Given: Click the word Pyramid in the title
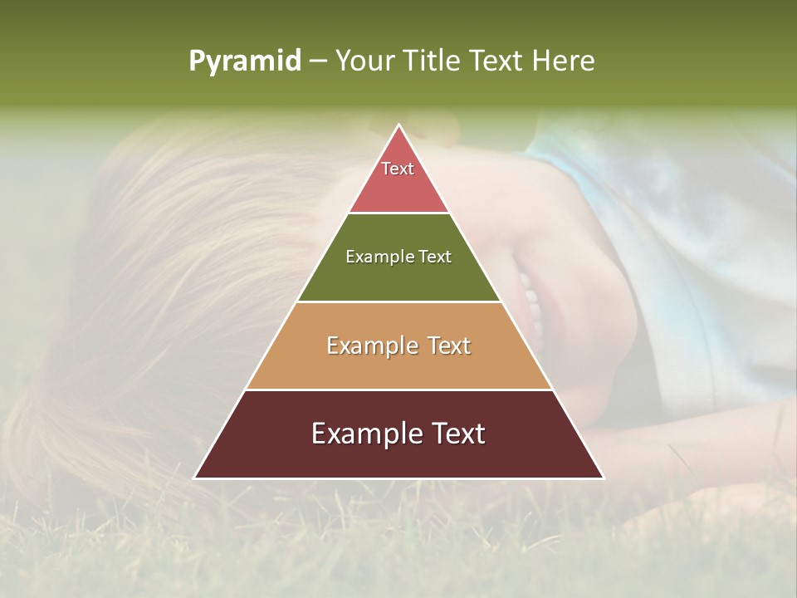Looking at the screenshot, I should pos(244,61).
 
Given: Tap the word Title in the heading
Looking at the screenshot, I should pos(431,61).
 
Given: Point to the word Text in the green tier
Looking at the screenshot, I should pos(434,257).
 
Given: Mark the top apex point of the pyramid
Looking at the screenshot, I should pos(398,125).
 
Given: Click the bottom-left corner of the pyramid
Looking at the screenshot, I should pos(195,478).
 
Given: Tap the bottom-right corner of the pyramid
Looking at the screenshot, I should pos(603,478).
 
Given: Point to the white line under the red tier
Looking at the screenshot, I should pos(398,213).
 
